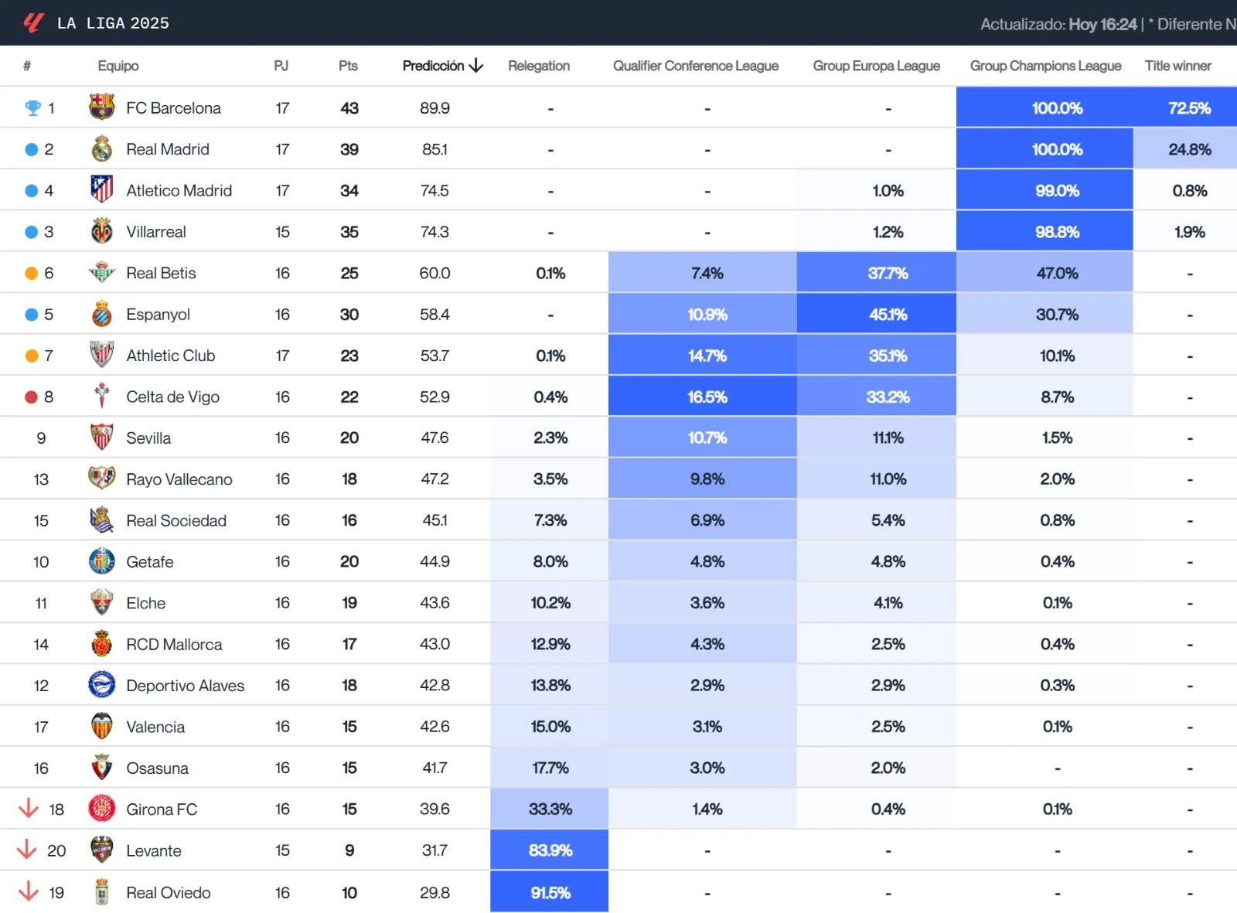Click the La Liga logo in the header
pyautogui.click(x=32, y=22)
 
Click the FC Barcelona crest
pyautogui.click(x=101, y=107)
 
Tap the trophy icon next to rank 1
pyautogui.click(x=32, y=108)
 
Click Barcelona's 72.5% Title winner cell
pyautogui.click(x=1189, y=108)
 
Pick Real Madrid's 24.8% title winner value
pyautogui.click(x=1189, y=149)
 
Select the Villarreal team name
pyautogui.click(x=155, y=232)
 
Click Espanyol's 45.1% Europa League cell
pyautogui.click(x=887, y=315)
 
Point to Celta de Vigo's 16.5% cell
pyautogui.click(x=707, y=397)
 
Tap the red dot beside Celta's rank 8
pyautogui.click(x=31, y=397)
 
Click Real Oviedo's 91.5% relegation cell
pyautogui.click(x=550, y=892)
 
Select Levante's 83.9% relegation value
pyautogui.click(x=550, y=850)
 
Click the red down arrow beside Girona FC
pyautogui.click(x=29, y=809)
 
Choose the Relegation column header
pyautogui.click(x=538, y=66)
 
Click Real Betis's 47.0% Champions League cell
pyautogui.click(x=1056, y=273)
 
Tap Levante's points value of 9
pyautogui.click(x=349, y=850)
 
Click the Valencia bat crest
pyautogui.click(x=101, y=726)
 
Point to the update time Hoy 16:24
pyautogui.click(x=1102, y=24)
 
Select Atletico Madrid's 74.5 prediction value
pyautogui.click(x=434, y=190)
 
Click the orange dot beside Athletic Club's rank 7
pyautogui.click(x=31, y=356)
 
